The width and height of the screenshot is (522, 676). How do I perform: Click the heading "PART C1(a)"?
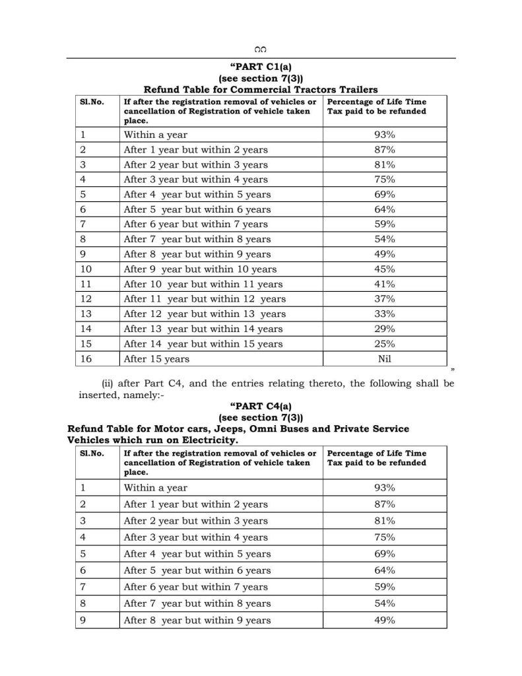tap(261, 66)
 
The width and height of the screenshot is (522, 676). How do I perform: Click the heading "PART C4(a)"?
tap(261, 406)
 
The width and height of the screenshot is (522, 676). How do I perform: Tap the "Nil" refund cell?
tap(384, 359)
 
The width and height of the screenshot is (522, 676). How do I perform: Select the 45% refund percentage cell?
tap(384, 269)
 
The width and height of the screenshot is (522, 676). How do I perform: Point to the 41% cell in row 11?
tap(384, 285)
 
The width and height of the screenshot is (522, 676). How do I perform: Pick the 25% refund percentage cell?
tap(384, 344)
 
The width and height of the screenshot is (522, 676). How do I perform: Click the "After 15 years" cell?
tap(157, 359)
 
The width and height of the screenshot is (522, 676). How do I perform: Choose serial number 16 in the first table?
tap(86, 359)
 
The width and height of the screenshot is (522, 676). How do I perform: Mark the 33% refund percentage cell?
tap(384, 314)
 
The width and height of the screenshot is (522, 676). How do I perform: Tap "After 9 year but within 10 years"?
tap(201, 269)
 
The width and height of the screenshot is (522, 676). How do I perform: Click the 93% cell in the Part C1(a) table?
tap(384, 135)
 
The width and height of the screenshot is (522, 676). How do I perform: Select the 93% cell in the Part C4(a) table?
tap(384, 488)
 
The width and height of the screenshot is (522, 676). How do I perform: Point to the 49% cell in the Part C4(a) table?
tap(384, 621)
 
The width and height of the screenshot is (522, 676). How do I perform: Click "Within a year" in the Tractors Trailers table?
tap(156, 135)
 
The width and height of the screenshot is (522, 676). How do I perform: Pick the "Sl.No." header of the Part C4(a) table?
tap(92, 454)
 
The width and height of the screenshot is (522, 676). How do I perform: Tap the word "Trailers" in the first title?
tap(356, 89)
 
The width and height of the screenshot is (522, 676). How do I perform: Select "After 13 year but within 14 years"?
tap(203, 329)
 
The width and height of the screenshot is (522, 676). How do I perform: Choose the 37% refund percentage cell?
tap(384, 299)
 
